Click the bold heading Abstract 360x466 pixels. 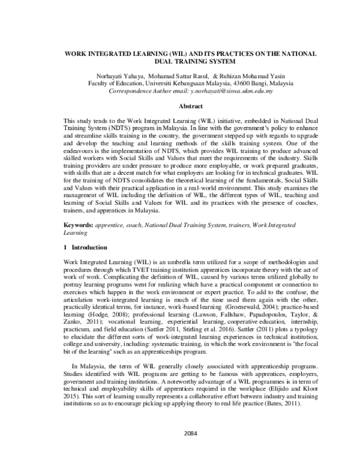point(179,106)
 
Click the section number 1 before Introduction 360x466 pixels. point(65,247)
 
